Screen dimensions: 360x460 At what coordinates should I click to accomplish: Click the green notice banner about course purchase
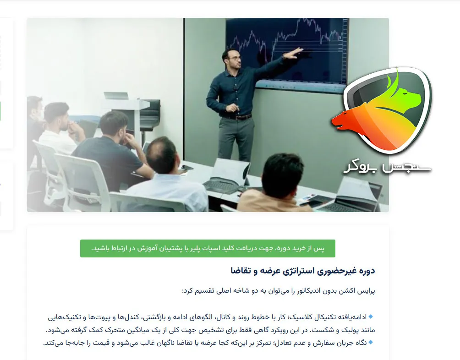[x=208, y=248]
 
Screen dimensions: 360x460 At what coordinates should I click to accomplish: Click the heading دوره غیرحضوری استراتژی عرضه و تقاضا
[x=303, y=271]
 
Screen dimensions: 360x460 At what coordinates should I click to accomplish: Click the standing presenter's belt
[x=237, y=117]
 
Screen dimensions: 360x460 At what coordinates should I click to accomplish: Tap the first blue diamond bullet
[x=371, y=316]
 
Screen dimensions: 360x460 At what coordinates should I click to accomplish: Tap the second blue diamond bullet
[x=371, y=342]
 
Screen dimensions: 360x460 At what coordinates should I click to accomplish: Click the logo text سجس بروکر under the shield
[x=387, y=167]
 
